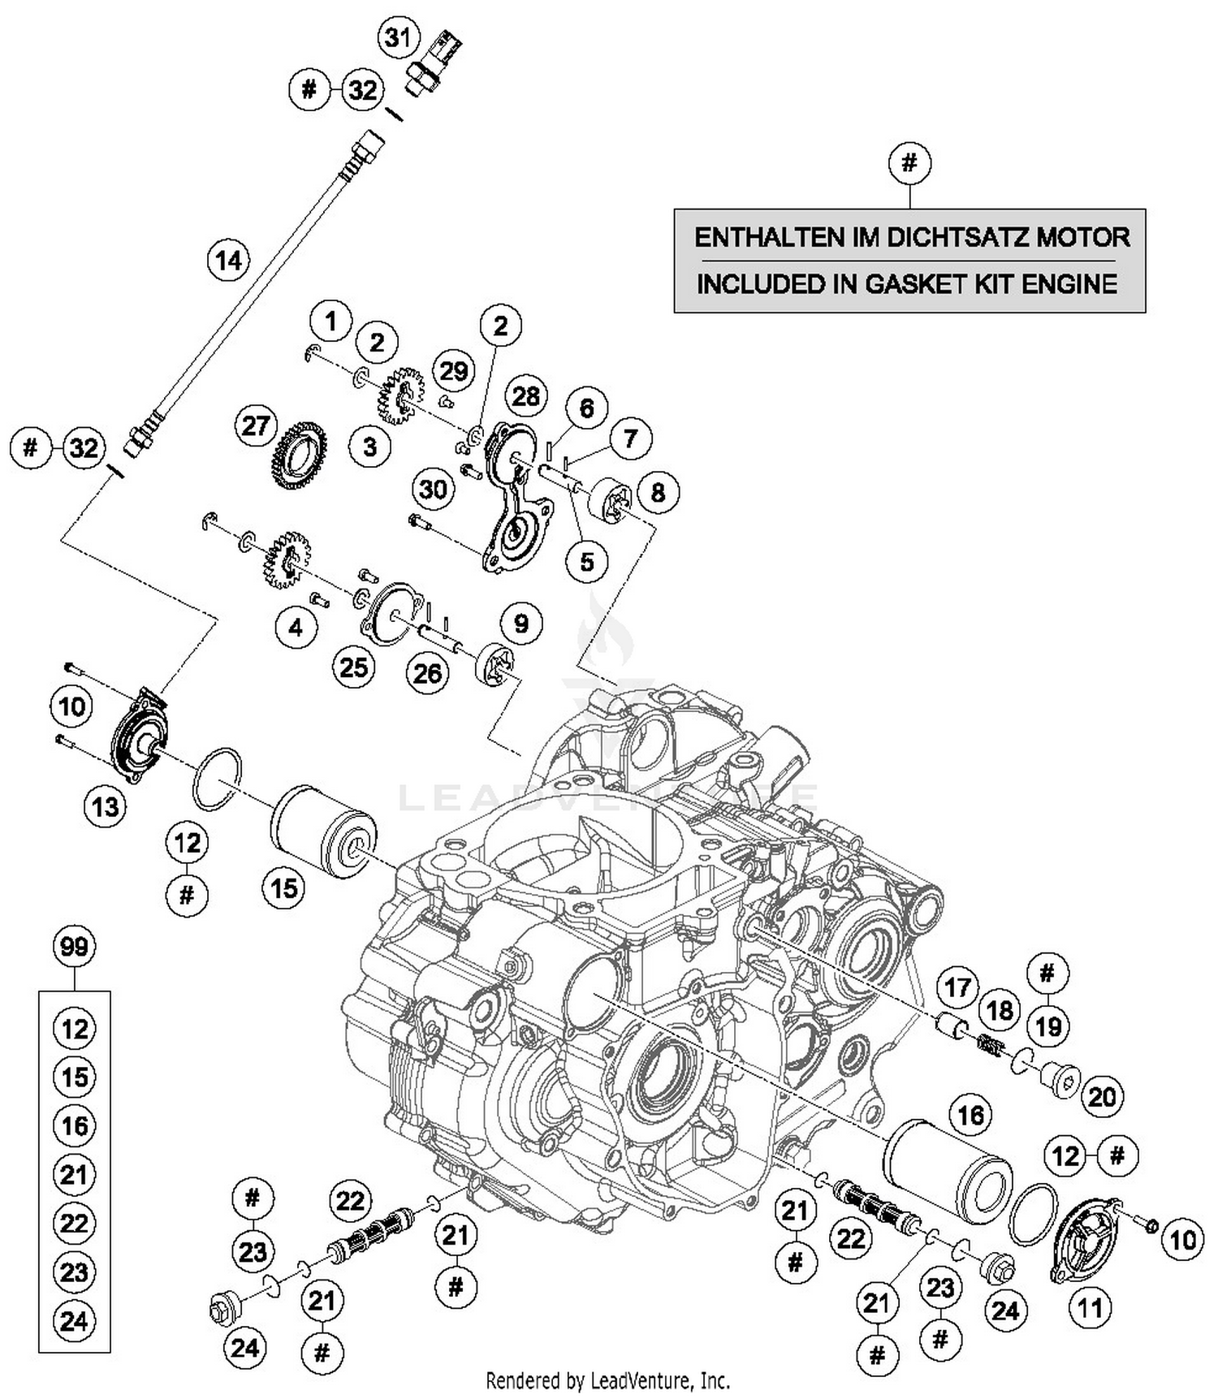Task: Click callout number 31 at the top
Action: (x=398, y=37)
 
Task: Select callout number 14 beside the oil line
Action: (x=229, y=261)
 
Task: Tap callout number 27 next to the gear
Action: (x=255, y=425)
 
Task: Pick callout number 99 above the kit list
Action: (x=74, y=946)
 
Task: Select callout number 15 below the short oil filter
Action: (x=283, y=887)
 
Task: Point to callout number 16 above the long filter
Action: (x=970, y=1115)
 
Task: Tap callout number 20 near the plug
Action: (x=1101, y=1097)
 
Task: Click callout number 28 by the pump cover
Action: (x=525, y=396)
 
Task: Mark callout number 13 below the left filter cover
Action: (x=105, y=807)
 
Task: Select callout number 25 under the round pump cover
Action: (x=354, y=667)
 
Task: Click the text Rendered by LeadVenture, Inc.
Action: (x=607, y=1380)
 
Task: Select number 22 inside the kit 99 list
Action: (x=74, y=1223)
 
